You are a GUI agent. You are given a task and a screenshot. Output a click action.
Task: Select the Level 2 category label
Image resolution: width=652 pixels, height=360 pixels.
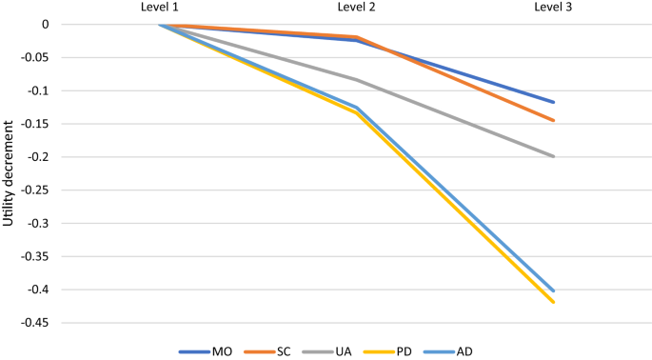pyautogui.click(x=356, y=8)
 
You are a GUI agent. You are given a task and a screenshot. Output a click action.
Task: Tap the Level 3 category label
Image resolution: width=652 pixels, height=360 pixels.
pyautogui.click(x=554, y=8)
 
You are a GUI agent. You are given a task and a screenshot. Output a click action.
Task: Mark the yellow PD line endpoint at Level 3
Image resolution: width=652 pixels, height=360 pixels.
pyautogui.click(x=554, y=302)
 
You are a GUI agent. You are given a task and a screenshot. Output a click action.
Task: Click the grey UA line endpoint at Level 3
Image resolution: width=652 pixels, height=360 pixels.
pyautogui.click(x=554, y=156)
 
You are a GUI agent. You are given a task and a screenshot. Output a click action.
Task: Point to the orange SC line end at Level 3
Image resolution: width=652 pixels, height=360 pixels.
pyautogui.click(x=554, y=120)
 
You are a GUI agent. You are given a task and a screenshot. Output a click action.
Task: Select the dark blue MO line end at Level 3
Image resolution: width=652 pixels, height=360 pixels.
pyautogui.click(x=554, y=102)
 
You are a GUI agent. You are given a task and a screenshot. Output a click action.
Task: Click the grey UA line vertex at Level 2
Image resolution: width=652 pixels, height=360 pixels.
pyautogui.click(x=356, y=79)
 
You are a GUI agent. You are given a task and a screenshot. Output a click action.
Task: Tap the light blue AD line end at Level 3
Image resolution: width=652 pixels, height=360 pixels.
pyautogui.click(x=554, y=290)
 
